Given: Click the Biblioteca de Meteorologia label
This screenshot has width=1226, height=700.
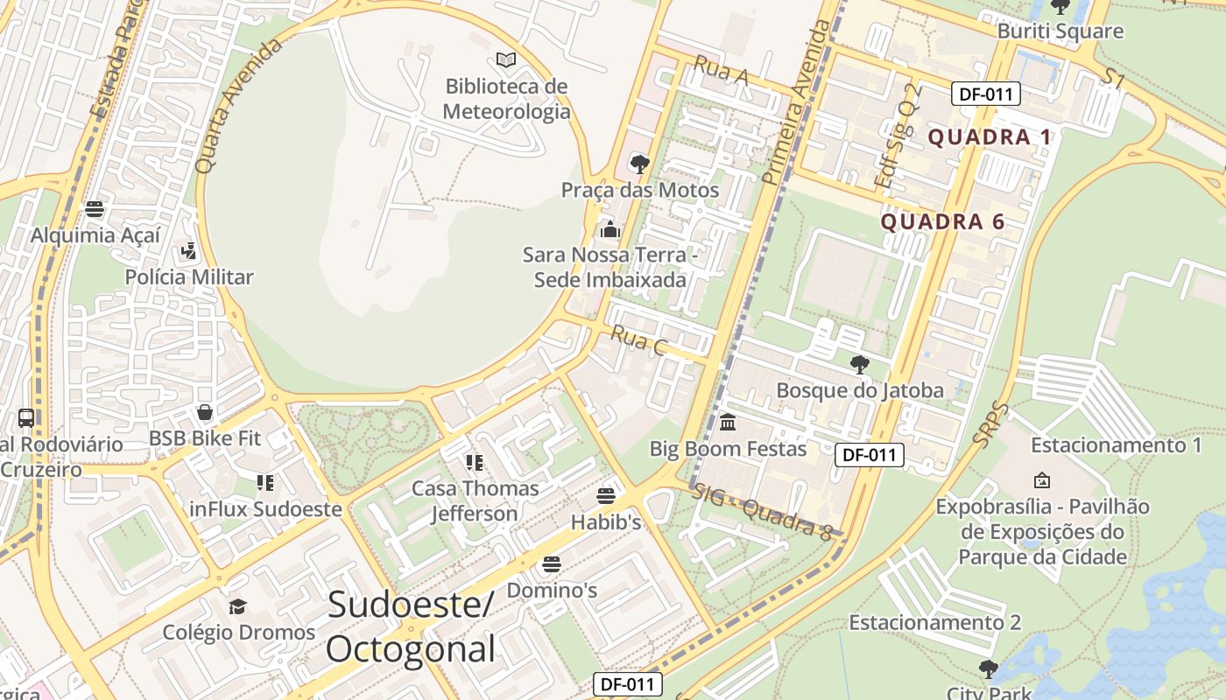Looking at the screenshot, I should (506, 99).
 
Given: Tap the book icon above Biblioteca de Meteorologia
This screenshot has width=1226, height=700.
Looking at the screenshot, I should (506, 59).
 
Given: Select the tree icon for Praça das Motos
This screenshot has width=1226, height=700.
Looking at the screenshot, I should (640, 164).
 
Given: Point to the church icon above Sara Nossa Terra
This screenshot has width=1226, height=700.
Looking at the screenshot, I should (609, 230).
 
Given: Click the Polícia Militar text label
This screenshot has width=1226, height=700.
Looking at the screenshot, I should (189, 277).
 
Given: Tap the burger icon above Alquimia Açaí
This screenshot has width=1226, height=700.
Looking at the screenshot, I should (95, 209).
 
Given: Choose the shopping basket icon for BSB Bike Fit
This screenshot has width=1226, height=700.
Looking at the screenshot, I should (205, 412).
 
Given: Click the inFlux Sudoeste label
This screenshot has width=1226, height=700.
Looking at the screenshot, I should (265, 509).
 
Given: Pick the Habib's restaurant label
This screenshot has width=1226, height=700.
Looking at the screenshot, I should (606, 522).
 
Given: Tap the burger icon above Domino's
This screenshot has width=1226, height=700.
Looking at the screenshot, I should (552, 564).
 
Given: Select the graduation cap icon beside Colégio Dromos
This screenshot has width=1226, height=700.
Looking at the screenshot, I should (237, 606).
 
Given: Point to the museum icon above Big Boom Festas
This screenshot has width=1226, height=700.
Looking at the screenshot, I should (728, 423).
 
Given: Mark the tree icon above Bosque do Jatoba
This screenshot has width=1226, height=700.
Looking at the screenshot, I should (860, 365).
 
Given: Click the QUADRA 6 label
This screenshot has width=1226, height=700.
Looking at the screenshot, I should (942, 222).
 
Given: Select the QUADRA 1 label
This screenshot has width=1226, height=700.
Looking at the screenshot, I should (990, 137).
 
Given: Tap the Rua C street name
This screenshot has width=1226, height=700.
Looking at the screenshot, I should (638, 340).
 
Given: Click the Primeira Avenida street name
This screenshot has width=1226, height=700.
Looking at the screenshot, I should (796, 103).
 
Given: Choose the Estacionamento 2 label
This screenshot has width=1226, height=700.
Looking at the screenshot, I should (934, 623).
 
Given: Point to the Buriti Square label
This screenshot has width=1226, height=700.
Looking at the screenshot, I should (1060, 31).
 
